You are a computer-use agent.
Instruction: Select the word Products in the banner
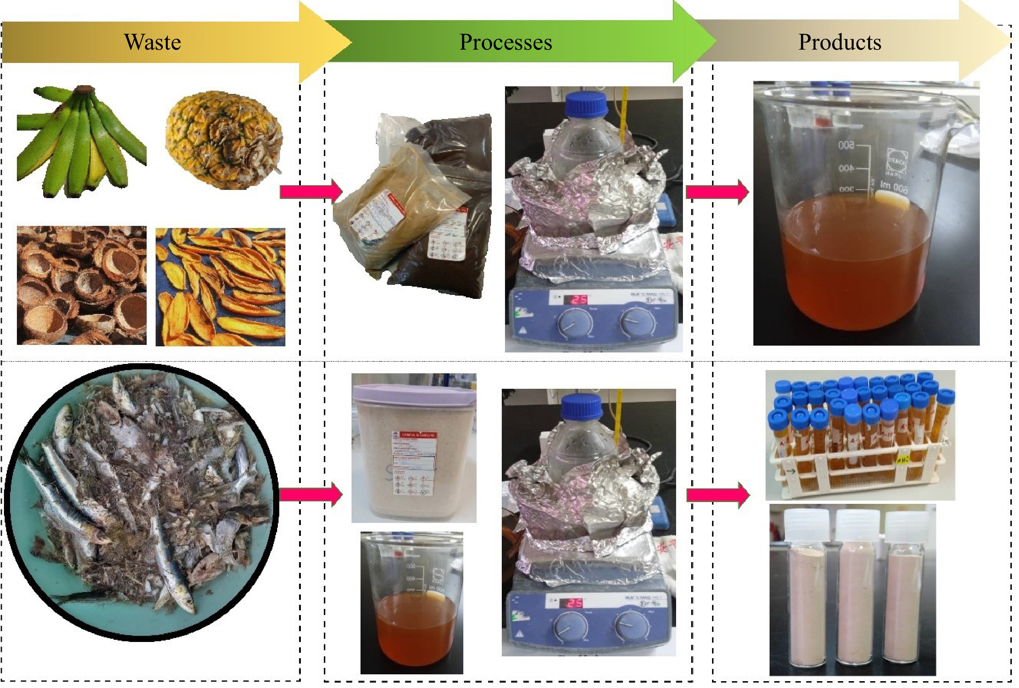[839, 42]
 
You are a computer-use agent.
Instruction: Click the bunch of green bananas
[81, 140]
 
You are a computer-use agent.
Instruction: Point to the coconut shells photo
[82, 285]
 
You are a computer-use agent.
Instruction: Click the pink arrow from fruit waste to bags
[311, 191]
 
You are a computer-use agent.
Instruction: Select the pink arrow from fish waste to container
[311, 495]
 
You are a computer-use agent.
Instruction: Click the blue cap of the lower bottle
[583, 407]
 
